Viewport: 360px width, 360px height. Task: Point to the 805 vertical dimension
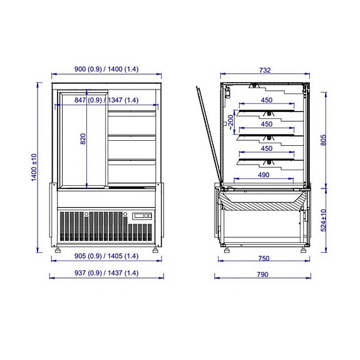[323, 141]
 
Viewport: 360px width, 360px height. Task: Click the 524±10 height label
[323, 221]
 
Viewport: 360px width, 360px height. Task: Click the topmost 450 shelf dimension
[266, 100]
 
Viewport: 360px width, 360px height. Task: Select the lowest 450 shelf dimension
[266, 149]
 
